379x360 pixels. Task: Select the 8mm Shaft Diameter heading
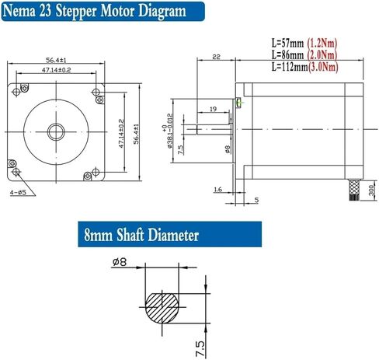pos(142,234)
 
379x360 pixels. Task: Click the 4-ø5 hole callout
pos(19,190)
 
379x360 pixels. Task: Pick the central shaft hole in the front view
pos(56,126)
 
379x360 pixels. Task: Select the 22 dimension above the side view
pos(215,57)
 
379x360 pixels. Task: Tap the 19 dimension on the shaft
pos(212,110)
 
